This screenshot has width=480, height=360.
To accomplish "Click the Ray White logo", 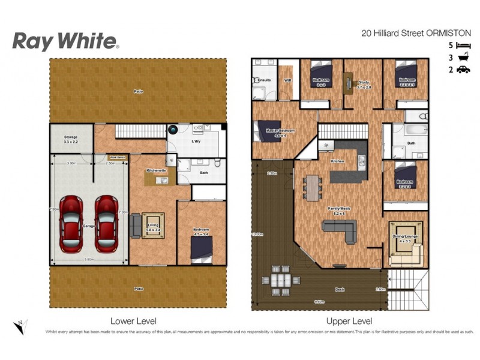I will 65,41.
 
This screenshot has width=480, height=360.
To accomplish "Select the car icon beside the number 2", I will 463,70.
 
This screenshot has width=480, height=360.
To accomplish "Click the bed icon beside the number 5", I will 463,45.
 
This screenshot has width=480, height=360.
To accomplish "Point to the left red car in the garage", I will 71,224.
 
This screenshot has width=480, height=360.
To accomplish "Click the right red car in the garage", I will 106,224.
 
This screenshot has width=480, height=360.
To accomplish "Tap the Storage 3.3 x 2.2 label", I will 71,140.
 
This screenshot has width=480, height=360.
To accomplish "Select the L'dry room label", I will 196,140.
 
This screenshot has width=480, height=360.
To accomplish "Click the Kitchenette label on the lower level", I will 156,170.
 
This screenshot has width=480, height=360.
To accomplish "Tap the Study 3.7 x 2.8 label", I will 364,85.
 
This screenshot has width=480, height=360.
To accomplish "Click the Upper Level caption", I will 349,322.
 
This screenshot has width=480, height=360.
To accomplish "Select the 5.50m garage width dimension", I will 88,259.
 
